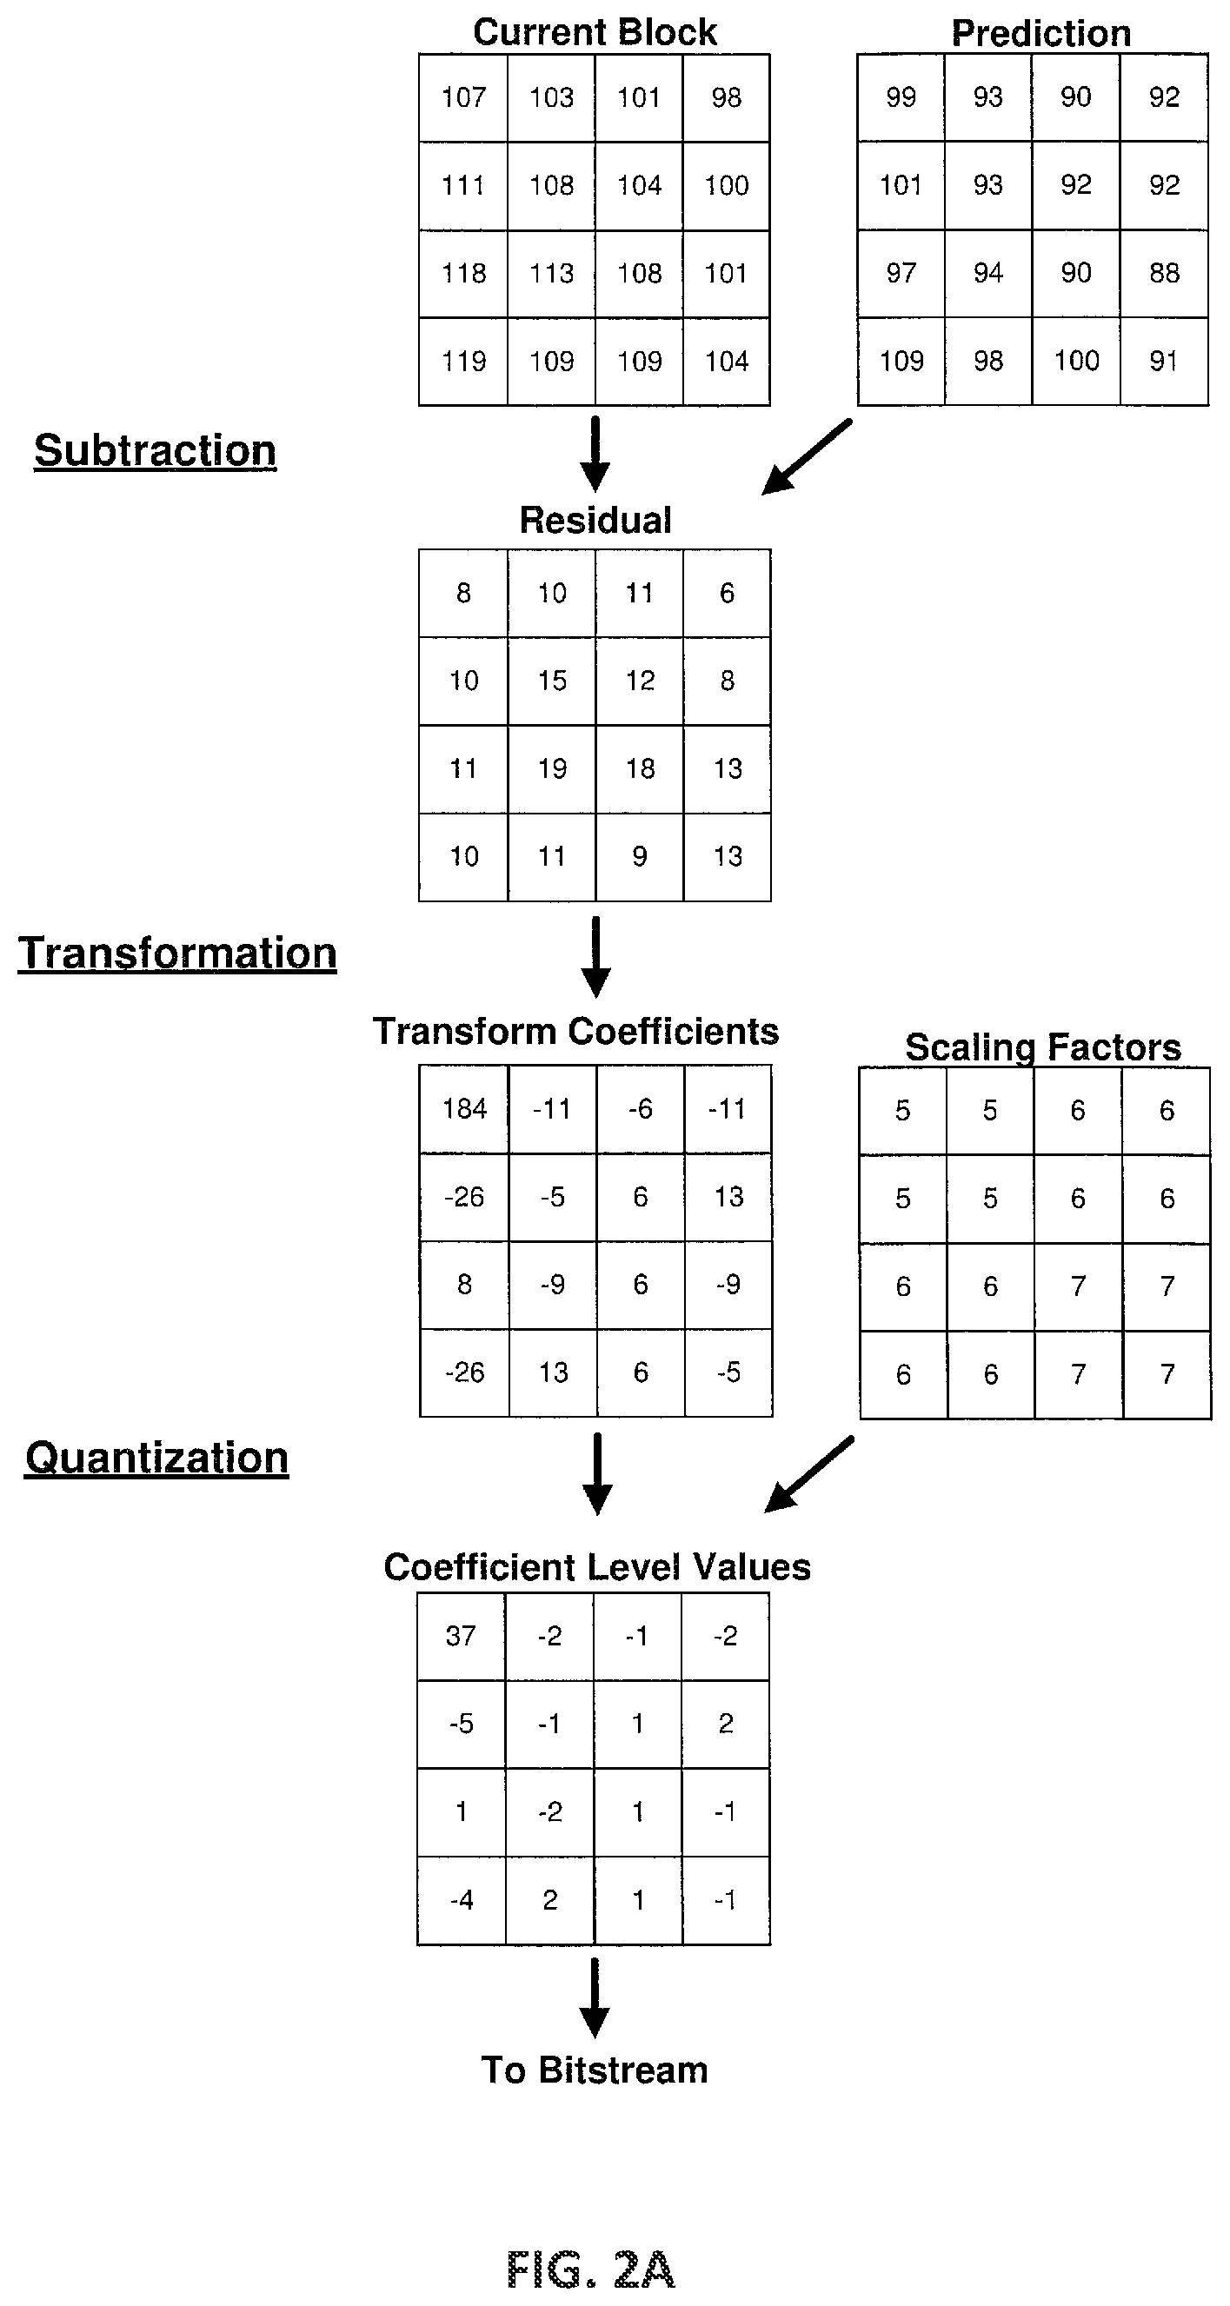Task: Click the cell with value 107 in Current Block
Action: pos(463,97)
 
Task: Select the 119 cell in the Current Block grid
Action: pos(463,362)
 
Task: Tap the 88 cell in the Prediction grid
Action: pos(1165,273)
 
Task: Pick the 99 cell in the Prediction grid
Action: pos(901,97)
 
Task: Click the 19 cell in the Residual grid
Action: pos(552,769)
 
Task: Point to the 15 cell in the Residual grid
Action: pos(552,681)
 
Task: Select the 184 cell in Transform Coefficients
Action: pos(464,1109)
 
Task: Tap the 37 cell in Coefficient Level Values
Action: pos(461,1637)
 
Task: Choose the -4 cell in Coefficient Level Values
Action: pos(461,1900)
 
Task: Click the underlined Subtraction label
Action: pos(155,450)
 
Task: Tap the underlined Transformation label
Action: pos(177,954)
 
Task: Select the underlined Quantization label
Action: pos(156,1459)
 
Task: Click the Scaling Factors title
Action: pos(1043,1047)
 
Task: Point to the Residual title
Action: pos(595,520)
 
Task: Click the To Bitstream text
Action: pos(595,2070)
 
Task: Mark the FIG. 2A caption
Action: pos(591,2269)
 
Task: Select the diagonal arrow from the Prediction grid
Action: pos(807,456)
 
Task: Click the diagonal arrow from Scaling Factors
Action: pos(808,1474)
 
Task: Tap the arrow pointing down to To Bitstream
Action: pos(595,1998)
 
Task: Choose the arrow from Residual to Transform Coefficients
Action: pos(595,956)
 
